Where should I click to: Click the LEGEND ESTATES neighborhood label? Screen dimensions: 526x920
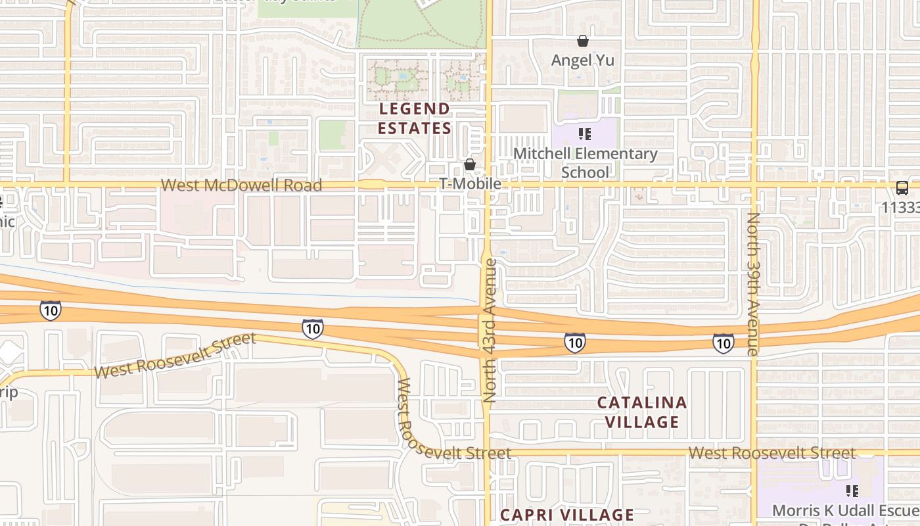point(415,118)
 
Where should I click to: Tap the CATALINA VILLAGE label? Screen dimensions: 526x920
point(642,412)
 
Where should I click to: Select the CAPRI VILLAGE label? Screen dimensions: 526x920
point(567,514)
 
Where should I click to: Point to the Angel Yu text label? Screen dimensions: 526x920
point(582,60)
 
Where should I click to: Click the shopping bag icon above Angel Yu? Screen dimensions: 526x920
point(582,41)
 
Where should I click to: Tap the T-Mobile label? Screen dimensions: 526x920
point(470,184)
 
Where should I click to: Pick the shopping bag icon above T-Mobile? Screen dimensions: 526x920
point(470,164)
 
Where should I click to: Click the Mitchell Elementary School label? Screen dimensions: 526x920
point(585,163)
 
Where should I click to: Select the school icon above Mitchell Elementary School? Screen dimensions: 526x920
point(585,135)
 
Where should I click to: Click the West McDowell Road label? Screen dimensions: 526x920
point(241,185)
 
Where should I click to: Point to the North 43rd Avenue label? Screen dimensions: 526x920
point(490,331)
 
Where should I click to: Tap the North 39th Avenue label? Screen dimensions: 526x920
point(752,284)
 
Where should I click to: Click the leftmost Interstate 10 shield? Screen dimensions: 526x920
point(51,310)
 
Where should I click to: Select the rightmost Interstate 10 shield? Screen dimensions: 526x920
point(723,343)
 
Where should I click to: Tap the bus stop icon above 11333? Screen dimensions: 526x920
point(902,188)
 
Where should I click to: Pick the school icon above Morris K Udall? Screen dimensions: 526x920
point(852,490)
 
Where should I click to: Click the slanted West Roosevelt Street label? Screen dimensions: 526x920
point(174,356)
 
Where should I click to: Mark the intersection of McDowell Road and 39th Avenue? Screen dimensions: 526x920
point(755,185)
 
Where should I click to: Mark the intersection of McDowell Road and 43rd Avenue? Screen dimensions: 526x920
point(488,185)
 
